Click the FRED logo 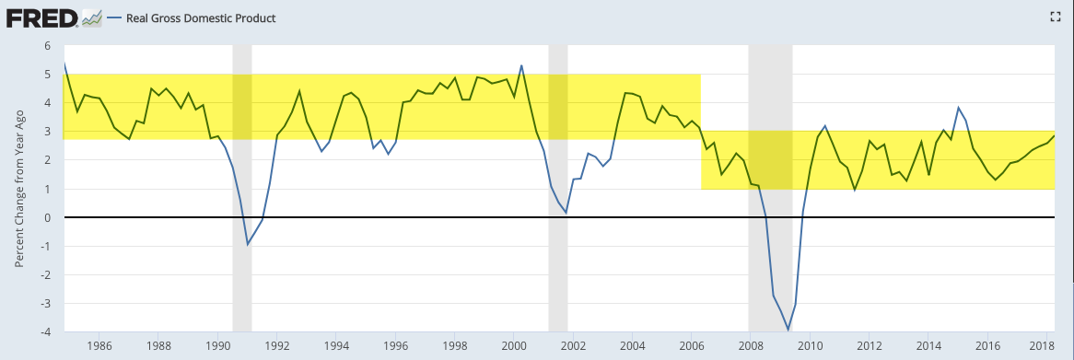42,18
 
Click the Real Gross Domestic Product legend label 202,18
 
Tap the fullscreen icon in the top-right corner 1055,17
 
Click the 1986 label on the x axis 99,345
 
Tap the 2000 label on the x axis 514,345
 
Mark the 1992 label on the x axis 276,345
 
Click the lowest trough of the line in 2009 788,330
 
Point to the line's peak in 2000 522,65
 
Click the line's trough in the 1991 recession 248,244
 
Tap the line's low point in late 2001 566,213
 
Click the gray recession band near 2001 558,188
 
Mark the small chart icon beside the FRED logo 92,18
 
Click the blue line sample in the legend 114,18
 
